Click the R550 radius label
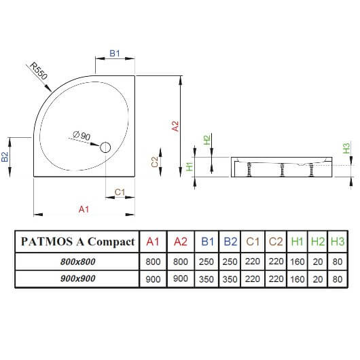click(x=39, y=71)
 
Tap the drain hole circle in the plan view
click(x=105, y=147)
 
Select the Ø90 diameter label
click(x=82, y=136)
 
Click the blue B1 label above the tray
click(x=115, y=53)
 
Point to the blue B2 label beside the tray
click(x=5, y=157)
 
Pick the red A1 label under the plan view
click(x=84, y=209)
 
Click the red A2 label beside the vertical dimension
click(x=175, y=126)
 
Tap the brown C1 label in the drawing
click(x=120, y=192)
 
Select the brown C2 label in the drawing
click(x=155, y=162)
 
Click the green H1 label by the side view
click(x=190, y=166)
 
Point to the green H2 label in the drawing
click(x=207, y=140)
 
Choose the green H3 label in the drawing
click(x=346, y=148)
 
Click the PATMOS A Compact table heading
click(x=77, y=242)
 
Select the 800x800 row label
click(x=78, y=262)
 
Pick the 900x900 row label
click(x=78, y=278)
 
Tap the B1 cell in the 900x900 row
click(x=206, y=279)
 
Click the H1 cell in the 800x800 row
click(x=297, y=262)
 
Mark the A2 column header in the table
click(x=181, y=242)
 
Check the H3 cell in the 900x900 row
click(x=338, y=279)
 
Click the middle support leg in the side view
click(x=282, y=169)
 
